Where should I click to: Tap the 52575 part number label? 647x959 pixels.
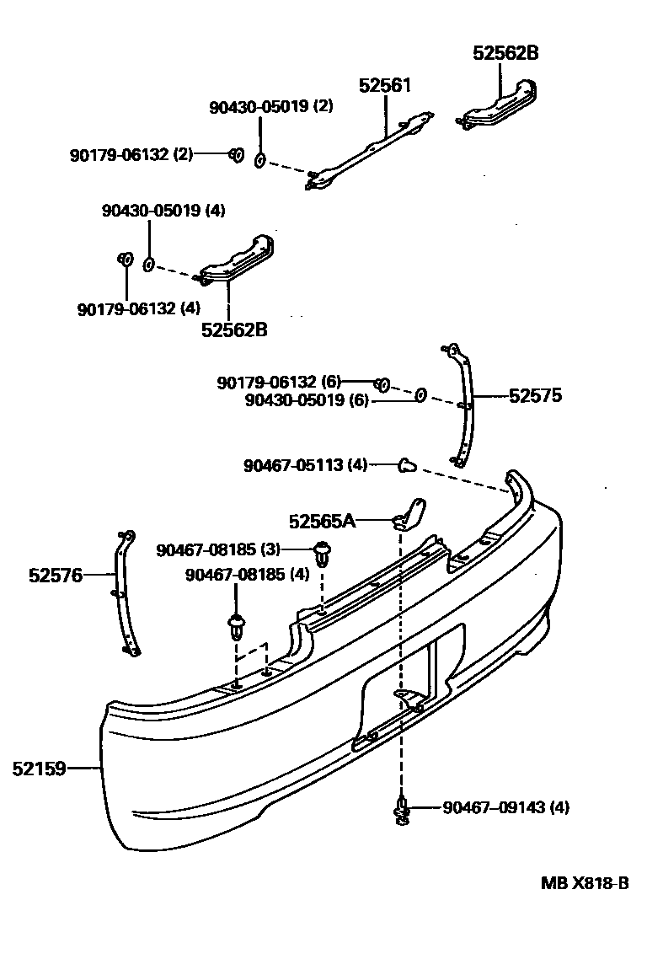coord(535,394)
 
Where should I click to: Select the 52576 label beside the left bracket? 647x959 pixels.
coord(55,576)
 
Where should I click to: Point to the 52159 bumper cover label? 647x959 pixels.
coord(39,768)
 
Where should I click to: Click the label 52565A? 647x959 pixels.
coord(322,522)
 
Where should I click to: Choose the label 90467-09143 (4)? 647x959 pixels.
coord(505,808)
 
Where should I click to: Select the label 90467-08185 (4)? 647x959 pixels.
coord(247,575)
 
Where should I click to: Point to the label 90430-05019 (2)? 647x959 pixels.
coord(271,107)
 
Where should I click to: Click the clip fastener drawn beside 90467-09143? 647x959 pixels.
coord(402,811)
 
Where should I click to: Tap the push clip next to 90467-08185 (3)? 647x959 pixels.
coord(321,553)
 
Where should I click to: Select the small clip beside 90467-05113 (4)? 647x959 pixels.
coord(407,463)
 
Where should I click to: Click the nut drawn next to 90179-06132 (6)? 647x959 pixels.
coord(381,385)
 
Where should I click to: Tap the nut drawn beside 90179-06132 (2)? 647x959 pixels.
coord(237,154)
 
